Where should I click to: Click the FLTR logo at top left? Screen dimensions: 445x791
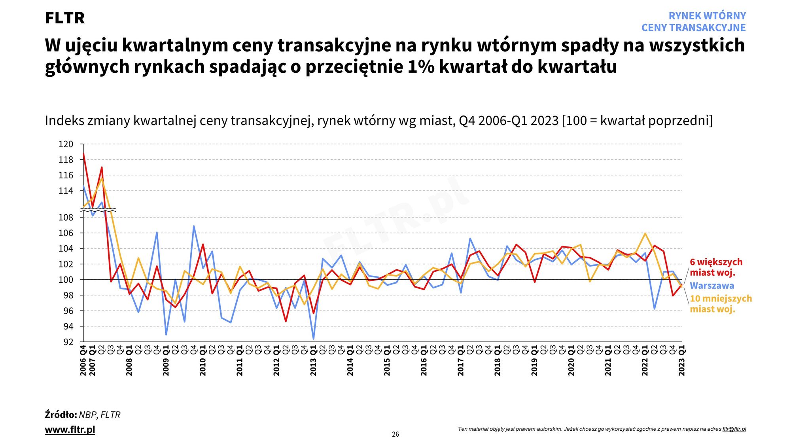(x=65, y=18)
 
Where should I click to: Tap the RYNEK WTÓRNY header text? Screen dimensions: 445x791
(x=707, y=16)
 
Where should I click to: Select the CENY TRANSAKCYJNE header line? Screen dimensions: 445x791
(x=693, y=28)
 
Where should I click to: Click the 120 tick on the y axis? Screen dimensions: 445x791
(x=66, y=144)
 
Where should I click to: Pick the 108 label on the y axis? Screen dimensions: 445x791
(x=66, y=217)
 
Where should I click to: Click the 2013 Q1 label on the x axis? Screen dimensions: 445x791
(x=314, y=361)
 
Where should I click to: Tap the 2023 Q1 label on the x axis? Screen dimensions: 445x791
(x=682, y=361)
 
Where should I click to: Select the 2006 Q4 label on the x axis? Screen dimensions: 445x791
(x=83, y=361)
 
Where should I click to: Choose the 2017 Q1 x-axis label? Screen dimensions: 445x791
(x=461, y=361)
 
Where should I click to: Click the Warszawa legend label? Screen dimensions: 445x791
(x=712, y=286)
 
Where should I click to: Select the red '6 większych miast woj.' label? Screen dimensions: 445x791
(x=716, y=267)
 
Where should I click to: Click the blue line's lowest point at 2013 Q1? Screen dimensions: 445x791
(x=314, y=339)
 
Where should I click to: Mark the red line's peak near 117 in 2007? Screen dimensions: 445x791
(x=102, y=167)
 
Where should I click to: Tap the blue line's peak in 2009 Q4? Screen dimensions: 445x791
(x=194, y=226)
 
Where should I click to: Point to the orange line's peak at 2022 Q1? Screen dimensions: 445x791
(x=645, y=233)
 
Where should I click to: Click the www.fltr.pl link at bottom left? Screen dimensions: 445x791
(x=70, y=430)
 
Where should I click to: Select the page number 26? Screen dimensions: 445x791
(x=395, y=434)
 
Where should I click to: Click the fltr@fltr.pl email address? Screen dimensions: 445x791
(x=734, y=429)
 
